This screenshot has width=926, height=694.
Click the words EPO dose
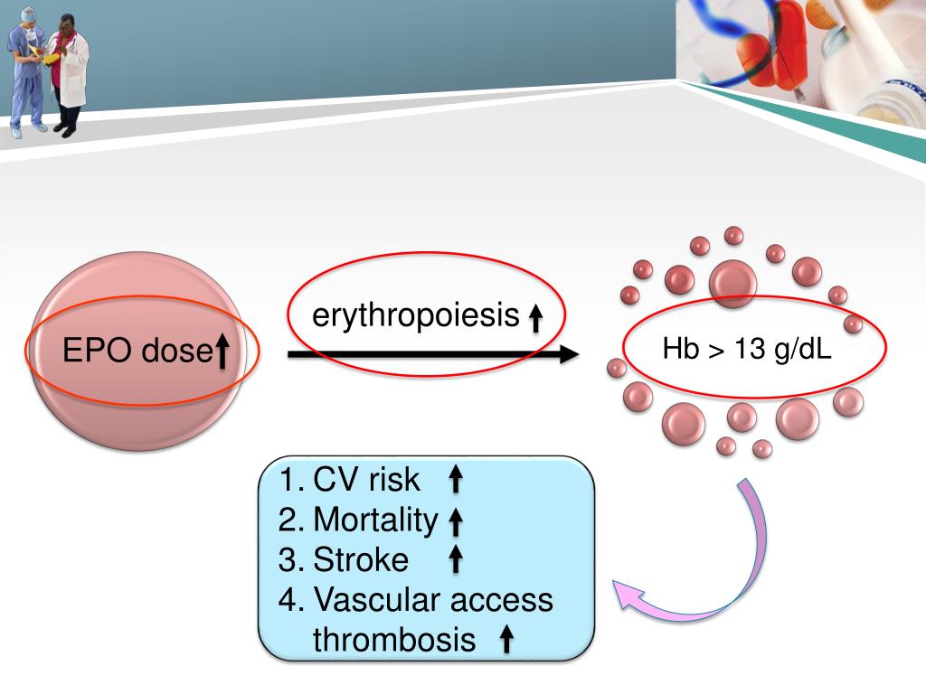click(x=136, y=351)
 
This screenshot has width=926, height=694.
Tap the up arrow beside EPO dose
click(x=222, y=351)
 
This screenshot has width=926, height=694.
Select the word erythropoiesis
click(x=417, y=316)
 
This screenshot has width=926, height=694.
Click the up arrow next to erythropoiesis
click(x=534, y=318)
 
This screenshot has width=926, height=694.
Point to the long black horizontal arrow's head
click(x=567, y=355)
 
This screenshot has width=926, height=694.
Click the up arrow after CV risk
click(x=456, y=480)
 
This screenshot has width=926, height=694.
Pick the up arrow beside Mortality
click(x=456, y=521)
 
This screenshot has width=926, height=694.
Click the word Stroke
click(x=361, y=560)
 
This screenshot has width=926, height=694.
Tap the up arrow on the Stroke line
click(x=456, y=561)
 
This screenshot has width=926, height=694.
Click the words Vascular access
click(x=432, y=600)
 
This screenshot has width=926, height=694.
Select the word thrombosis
click(x=394, y=640)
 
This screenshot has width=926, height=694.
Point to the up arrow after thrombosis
click(x=506, y=640)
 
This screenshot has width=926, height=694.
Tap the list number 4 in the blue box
click(x=289, y=600)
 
